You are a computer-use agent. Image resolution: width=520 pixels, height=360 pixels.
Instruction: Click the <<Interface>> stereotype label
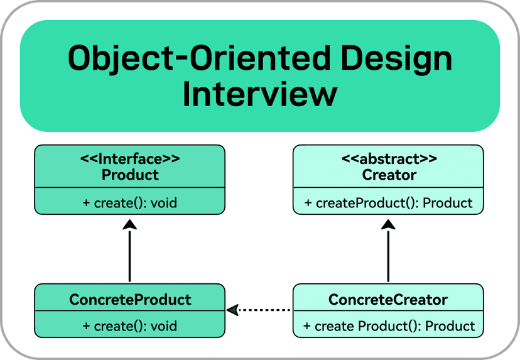click(130, 159)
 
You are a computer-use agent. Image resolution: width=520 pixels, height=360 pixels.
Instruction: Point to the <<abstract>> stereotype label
click(389, 159)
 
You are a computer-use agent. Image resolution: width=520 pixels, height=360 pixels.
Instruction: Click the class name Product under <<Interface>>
click(130, 175)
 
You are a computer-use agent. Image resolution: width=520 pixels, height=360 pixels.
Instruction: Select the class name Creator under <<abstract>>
click(389, 175)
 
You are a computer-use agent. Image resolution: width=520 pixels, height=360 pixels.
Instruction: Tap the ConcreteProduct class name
click(130, 300)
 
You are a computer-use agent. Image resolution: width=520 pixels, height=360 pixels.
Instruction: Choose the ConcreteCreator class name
click(388, 300)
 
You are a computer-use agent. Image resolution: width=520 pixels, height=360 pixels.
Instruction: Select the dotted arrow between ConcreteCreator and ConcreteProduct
click(259, 310)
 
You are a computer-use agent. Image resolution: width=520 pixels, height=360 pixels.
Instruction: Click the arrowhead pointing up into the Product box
click(129, 224)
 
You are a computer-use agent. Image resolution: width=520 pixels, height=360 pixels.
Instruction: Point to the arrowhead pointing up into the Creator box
click(388, 224)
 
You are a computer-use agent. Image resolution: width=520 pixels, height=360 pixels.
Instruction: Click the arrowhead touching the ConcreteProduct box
click(232, 310)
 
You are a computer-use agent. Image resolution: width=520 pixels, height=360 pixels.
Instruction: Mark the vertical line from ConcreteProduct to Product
click(129, 256)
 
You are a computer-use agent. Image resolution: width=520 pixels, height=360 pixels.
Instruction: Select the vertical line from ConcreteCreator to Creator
click(388, 256)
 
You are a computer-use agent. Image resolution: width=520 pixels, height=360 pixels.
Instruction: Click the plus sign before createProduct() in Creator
click(308, 203)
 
